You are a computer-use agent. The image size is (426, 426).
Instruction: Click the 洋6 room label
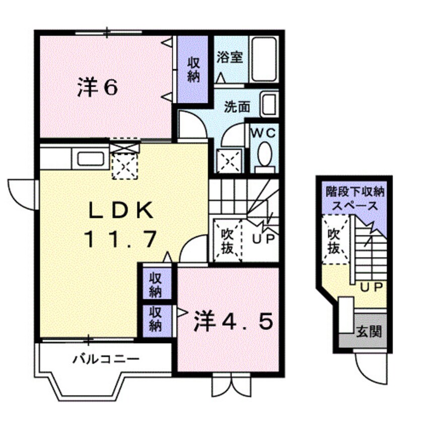98,88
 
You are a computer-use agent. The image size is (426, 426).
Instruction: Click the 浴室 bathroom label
230,57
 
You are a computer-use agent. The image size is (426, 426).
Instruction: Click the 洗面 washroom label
237,106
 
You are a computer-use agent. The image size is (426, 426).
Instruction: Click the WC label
264,133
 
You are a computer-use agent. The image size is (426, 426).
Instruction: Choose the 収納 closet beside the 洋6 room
194,69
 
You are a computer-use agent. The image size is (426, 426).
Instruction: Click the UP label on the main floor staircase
262,240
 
